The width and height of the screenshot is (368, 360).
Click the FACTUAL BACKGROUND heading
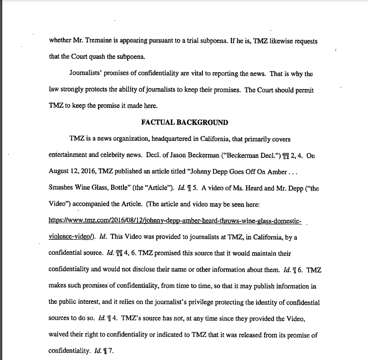tap(184, 122)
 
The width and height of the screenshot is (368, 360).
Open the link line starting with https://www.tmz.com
tap(175, 220)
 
